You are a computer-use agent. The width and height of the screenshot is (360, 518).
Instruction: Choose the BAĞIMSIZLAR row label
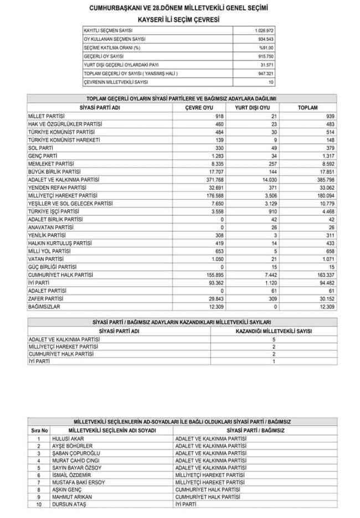44,306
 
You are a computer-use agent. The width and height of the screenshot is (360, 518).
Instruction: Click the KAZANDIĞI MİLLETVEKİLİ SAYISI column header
274,331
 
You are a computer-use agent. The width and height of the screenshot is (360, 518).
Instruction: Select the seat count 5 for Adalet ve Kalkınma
273,339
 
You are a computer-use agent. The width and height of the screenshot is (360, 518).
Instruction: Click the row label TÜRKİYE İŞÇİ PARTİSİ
53,211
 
